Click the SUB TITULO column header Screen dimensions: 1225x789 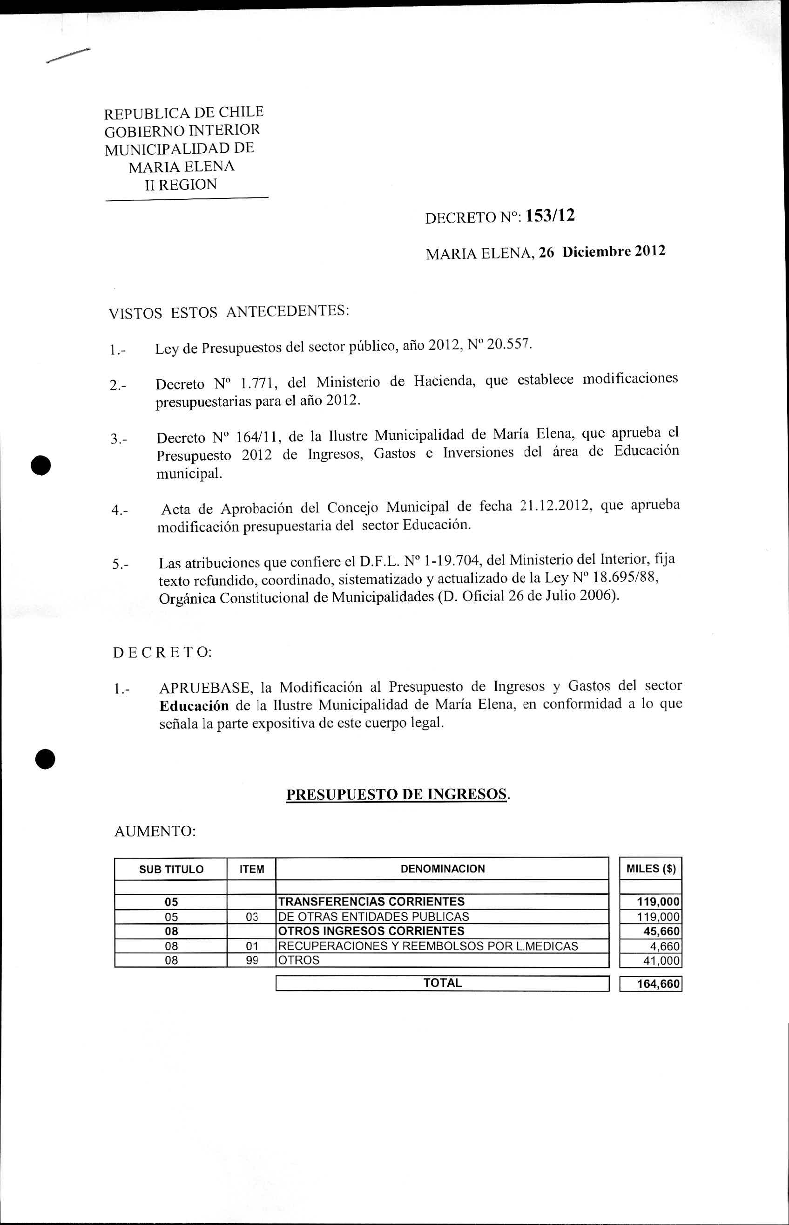click(x=171, y=869)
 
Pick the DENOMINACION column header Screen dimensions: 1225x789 click(x=442, y=868)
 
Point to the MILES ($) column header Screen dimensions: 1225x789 click(x=651, y=868)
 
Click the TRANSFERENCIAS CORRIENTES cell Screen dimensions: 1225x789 click(x=371, y=901)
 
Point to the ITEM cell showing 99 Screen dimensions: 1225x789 click(x=251, y=960)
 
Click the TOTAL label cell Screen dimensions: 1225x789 click(x=442, y=983)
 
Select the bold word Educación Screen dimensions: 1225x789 click(x=194, y=706)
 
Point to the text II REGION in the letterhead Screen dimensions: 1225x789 click(x=181, y=184)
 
